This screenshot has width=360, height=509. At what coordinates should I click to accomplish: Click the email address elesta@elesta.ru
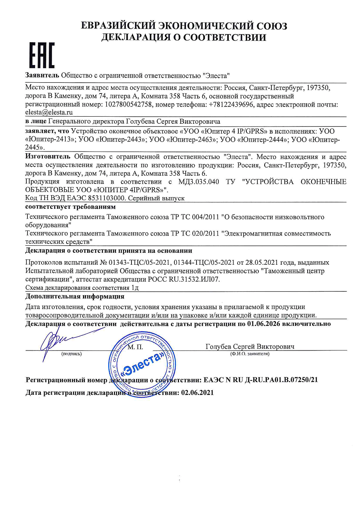point(49,112)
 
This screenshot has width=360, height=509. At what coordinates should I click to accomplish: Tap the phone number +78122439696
point(231,104)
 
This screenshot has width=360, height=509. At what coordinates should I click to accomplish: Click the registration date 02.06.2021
point(197,393)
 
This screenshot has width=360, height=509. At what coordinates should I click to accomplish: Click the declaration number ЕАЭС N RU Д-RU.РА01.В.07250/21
point(261,380)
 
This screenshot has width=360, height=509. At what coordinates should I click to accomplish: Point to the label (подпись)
point(71,354)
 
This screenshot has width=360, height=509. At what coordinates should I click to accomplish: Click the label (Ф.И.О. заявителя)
point(250,354)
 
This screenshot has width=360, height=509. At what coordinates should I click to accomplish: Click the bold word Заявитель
point(42,76)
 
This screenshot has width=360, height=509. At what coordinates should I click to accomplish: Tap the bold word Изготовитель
point(48,157)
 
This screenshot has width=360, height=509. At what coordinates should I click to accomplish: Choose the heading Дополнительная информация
point(75,297)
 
